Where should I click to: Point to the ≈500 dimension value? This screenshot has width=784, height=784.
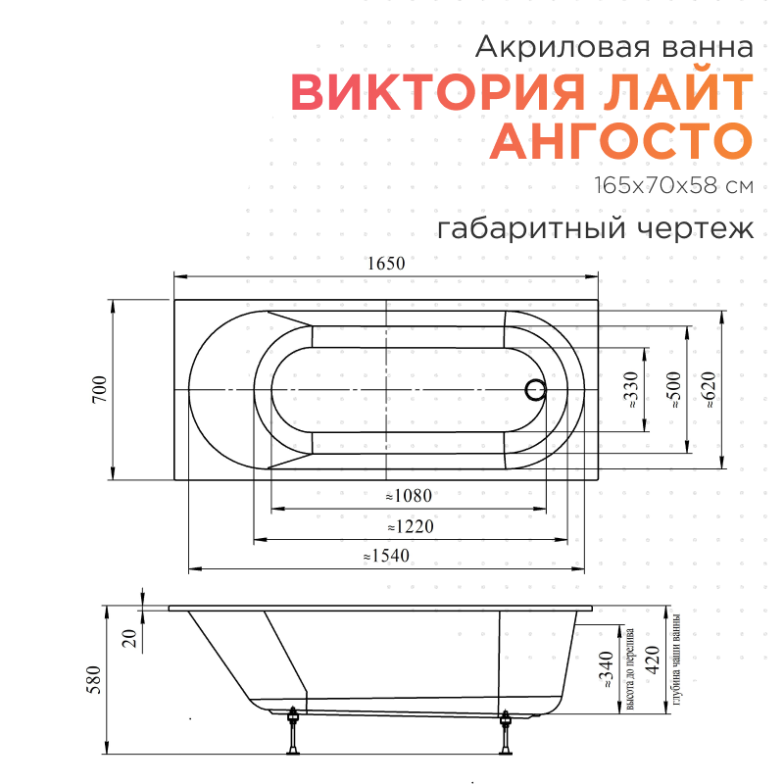point(672,390)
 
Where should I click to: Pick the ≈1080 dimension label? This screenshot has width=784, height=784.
point(409,496)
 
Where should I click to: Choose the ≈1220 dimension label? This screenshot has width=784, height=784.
point(410,527)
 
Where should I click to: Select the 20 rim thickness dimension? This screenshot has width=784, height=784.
point(127,638)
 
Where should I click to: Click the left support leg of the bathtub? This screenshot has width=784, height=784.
point(293,732)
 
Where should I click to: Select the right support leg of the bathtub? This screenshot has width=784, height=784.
point(506,732)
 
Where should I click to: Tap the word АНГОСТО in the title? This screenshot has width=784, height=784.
point(621,141)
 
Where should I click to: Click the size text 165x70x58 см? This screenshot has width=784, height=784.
point(672,185)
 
